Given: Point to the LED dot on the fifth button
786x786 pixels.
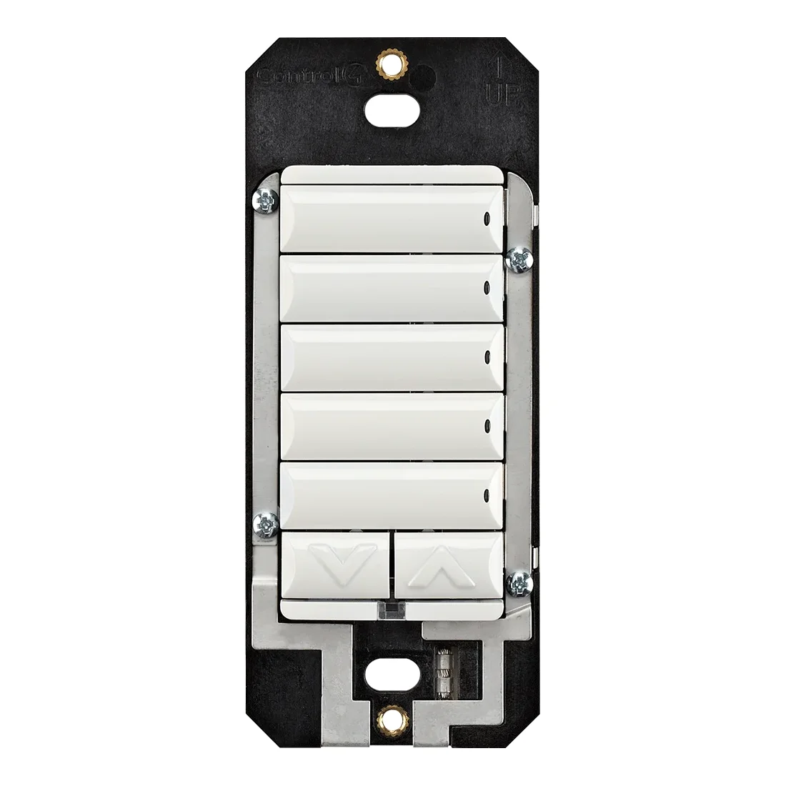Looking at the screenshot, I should pyautogui.click(x=487, y=492).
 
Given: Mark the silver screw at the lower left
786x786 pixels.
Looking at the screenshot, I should pyautogui.click(x=266, y=525).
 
